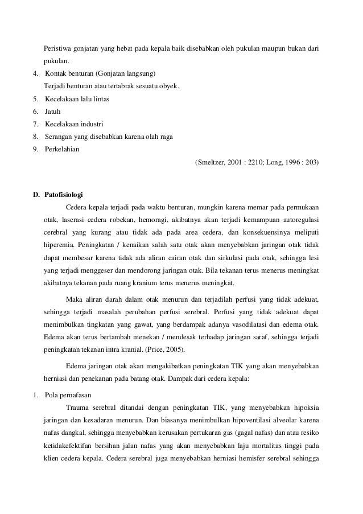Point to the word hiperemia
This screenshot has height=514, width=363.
click(x=60, y=245)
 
